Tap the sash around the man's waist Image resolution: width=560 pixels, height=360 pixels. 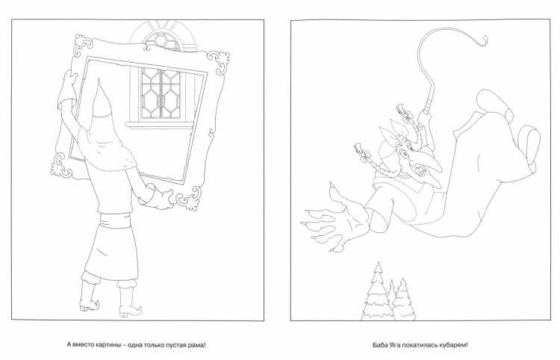[117, 219]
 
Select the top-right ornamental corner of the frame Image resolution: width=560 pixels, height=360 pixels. [219, 60]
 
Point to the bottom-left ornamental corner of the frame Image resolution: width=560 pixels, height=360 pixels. [61, 165]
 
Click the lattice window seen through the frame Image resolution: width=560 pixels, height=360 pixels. [161, 93]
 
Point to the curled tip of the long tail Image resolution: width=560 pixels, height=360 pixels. [483, 40]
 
